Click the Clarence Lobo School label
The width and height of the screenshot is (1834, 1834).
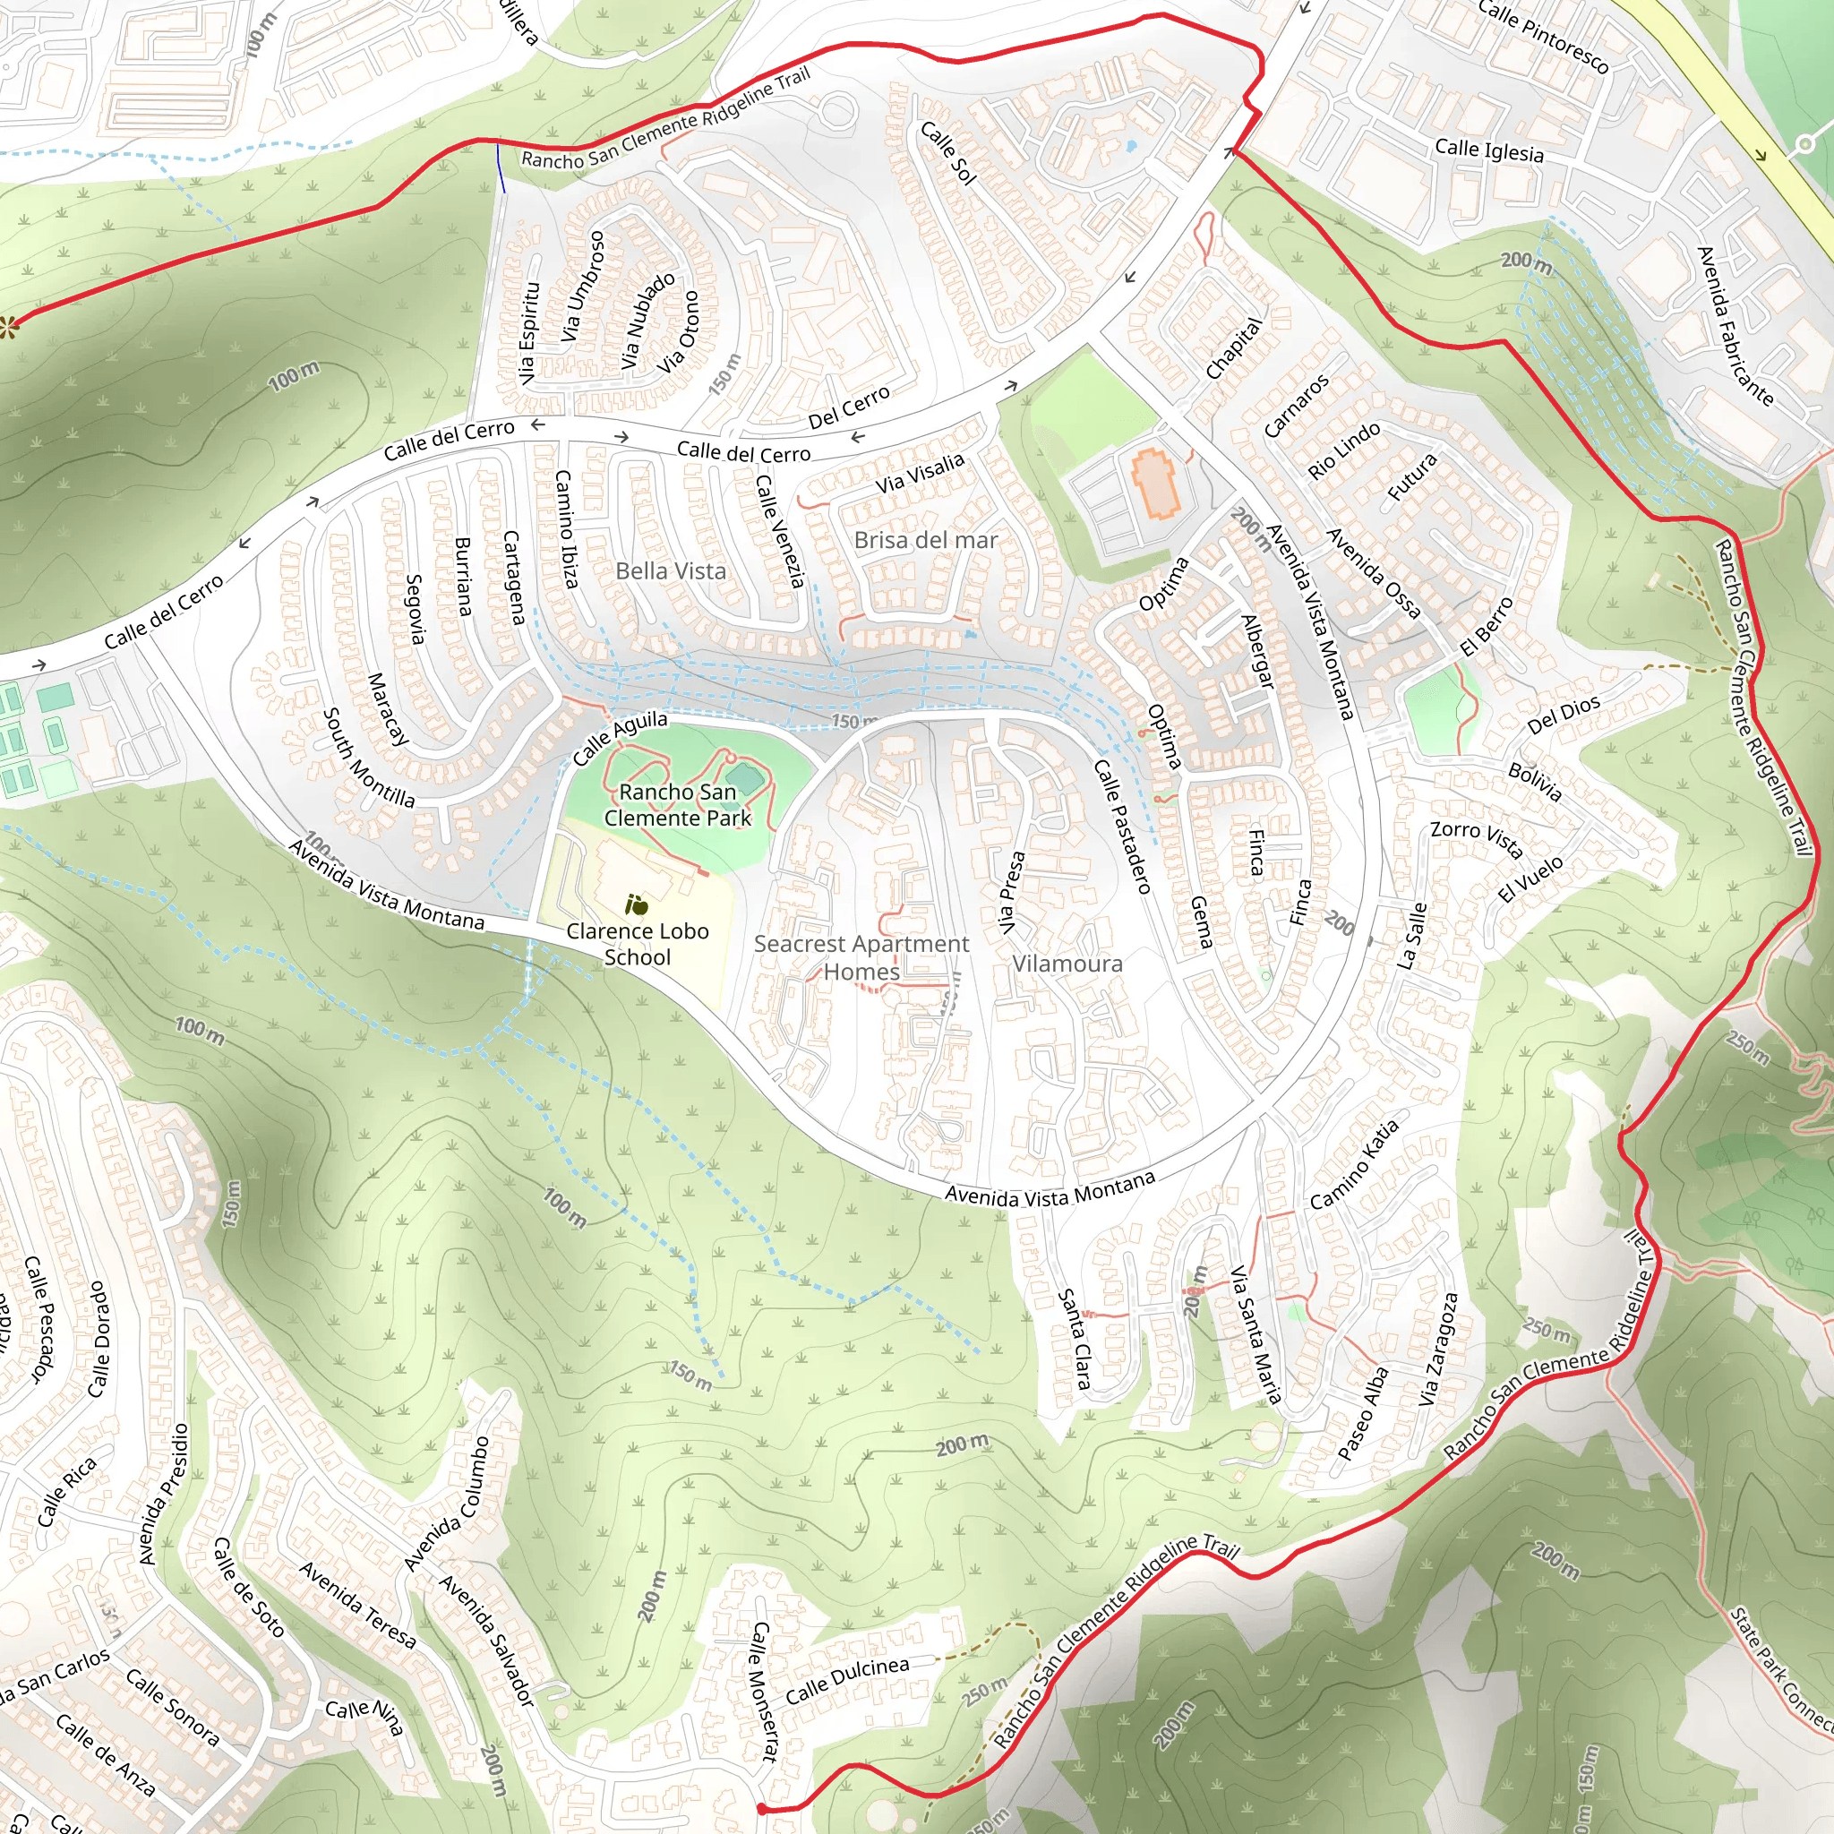click(637, 944)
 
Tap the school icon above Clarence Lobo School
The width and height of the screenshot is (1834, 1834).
click(636, 904)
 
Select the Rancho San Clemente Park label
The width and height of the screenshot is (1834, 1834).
click(677, 804)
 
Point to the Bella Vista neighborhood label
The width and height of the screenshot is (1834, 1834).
click(670, 570)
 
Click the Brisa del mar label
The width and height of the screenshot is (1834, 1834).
click(926, 539)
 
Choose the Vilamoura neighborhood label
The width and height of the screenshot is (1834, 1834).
click(1066, 964)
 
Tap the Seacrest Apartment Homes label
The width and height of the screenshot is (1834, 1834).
click(861, 957)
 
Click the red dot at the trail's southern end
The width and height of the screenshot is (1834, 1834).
click(761, 1808)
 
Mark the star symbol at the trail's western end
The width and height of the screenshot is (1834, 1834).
click(10, 328)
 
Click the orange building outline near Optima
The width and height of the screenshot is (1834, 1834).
click(1154, 484)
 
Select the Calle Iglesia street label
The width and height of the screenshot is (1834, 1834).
click(1488, 150)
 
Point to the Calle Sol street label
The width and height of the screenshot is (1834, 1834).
click(947, 152)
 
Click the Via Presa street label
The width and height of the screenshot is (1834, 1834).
click(1012, 892)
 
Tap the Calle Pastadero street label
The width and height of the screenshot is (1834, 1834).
click(1122, 826)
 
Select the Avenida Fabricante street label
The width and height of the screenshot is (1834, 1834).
click(1735, 326)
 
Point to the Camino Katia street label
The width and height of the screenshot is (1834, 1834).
click(1354, 1164)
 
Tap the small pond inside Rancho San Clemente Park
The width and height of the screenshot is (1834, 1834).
click(747, 780)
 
